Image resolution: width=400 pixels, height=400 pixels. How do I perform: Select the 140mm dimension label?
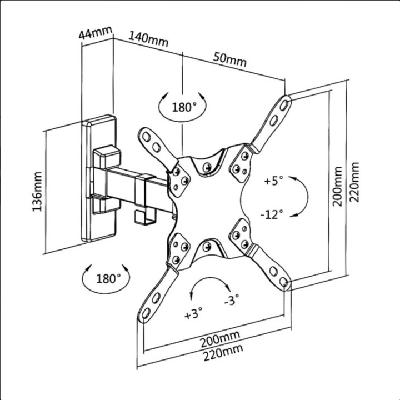point(148,39)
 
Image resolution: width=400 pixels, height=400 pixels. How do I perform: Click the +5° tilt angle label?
point(273,181)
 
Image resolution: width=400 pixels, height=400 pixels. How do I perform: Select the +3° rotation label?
point(192,314)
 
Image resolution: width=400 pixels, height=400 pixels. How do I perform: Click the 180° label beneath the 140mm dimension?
point(183,107)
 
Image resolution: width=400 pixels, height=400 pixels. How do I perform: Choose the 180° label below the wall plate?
point(107,278)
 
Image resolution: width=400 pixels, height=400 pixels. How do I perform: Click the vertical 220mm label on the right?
point(354,181)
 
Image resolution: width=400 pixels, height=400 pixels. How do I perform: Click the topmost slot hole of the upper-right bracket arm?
point(285,104)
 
